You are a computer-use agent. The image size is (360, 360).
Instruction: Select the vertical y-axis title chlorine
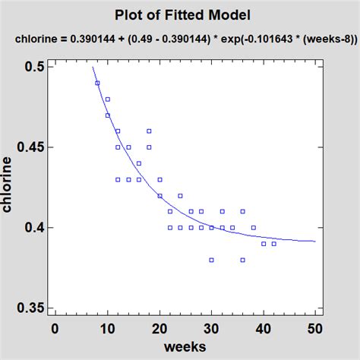[10, 187]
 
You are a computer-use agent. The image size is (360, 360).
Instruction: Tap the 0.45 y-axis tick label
[27, 147]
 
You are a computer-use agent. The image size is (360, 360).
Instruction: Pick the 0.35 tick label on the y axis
[27, 308]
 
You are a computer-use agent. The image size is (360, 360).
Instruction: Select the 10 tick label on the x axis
[107, 328]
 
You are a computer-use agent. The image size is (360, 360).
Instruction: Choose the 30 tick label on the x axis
[211, 328]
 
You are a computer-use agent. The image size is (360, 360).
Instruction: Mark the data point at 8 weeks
[97, 83]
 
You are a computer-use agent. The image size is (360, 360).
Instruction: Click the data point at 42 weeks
[273, 244]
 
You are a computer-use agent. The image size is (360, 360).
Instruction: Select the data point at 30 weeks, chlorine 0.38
[211, 260]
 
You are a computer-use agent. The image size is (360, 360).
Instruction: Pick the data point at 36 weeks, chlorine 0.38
[242, 260]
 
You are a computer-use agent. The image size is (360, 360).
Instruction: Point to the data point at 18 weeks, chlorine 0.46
[149, 131]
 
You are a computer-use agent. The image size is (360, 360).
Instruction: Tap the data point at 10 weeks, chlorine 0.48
[108, 99]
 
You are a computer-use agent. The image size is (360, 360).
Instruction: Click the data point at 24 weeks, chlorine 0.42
[180, 196]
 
